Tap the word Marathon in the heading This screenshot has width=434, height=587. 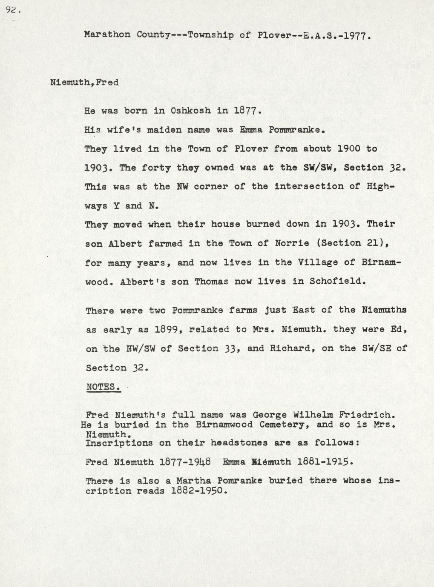click(x=107, y=35)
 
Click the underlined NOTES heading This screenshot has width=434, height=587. click(x=103, y=387)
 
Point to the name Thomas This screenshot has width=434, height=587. click(x=211, y=281)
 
